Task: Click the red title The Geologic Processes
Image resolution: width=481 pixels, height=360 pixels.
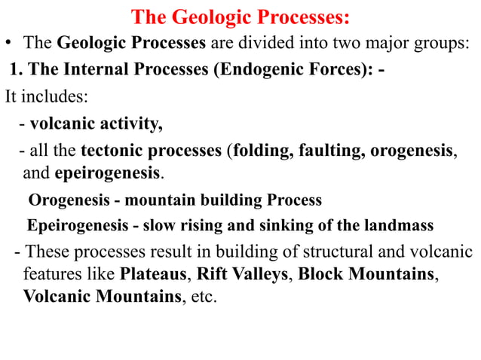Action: pos(241,17)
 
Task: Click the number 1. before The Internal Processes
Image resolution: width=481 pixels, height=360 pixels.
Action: pos(16,71)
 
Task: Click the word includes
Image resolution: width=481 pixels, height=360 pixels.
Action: pos(43,96)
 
